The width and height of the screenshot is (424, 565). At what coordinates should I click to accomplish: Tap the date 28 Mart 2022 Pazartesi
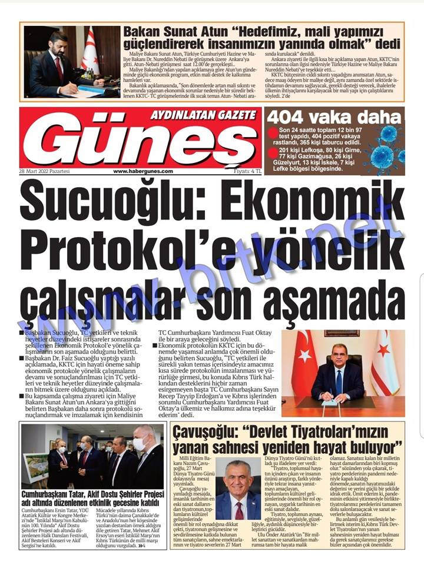(x=44, y=171)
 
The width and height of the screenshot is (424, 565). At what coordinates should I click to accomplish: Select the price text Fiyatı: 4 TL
(x=247, y=171)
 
